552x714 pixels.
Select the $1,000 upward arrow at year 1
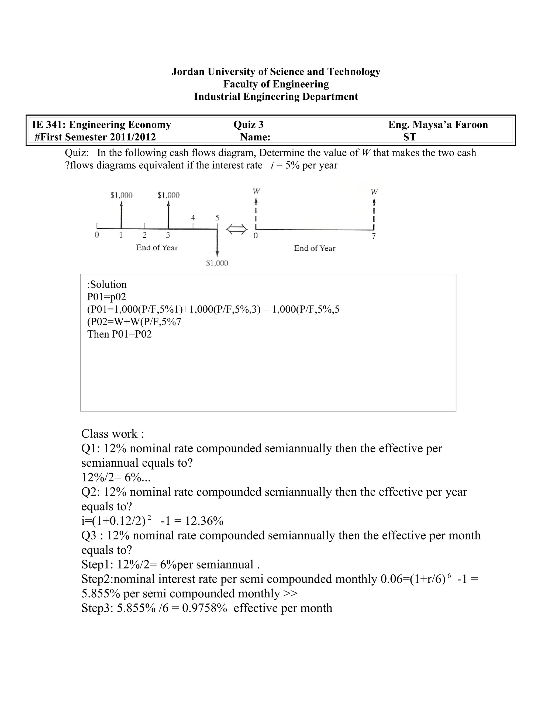click(x=121, y=214)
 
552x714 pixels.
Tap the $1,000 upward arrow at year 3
click(x=168, y=214)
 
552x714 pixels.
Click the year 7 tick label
click(x=374, y=236)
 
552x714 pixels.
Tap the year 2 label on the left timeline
click(x=144, y=235)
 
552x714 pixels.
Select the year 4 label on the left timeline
click(x=193, y=217)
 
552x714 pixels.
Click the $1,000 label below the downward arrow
click(x=217, y=263)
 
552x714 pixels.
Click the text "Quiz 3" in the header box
click(x=248, y=124)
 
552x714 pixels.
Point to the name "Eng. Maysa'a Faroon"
click(x=438, y=124)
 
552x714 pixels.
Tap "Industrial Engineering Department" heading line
click(x=276, y=97)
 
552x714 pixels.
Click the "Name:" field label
click(x=255, y=137)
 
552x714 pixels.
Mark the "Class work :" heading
click(x=112, y=434)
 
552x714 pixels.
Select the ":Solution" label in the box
click(x=107, y=285)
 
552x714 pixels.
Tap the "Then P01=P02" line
click(x=119, y=334)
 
